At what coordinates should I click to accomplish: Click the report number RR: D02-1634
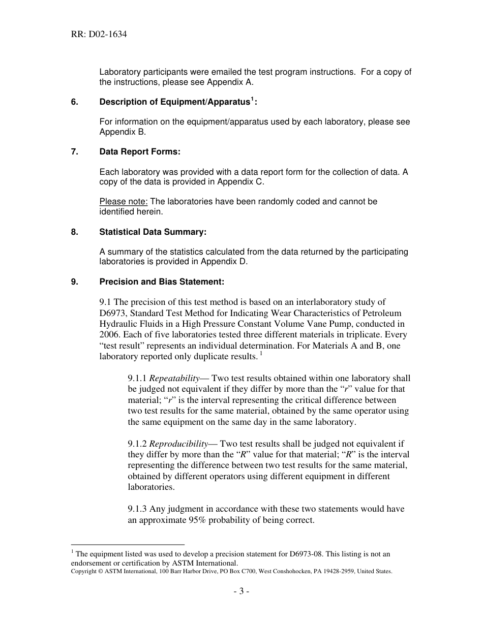(x=99, y=35)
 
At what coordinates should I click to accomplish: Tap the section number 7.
(x=74, y=152)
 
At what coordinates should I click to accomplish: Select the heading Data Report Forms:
(x=140, y=152)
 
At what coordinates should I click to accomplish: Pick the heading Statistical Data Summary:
(x=153, y=232)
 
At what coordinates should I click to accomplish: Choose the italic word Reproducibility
(x=178, y=444)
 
